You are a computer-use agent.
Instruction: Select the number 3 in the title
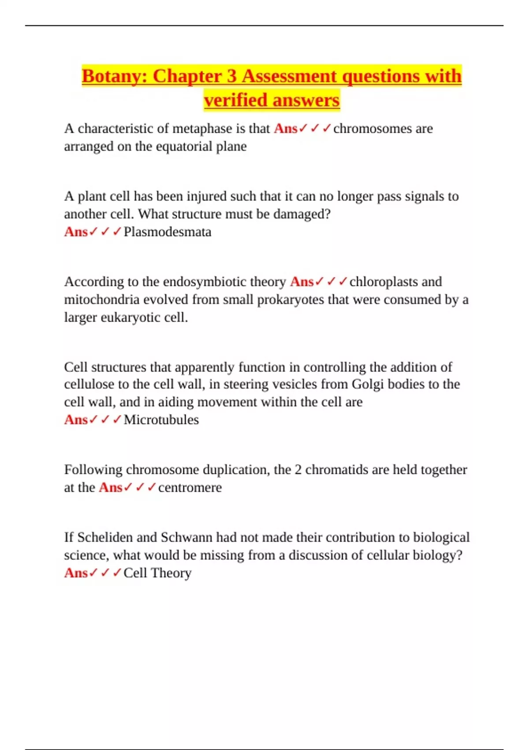coord(232,76)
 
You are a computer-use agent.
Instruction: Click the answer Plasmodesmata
coord(168,232)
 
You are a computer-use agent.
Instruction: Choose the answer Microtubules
coord(161,420)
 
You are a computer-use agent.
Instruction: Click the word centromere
coord(190,487)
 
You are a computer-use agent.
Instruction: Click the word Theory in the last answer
coord(171,573)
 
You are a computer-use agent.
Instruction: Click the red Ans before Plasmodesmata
coord(76,232)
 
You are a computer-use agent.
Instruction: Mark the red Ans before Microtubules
coord(76,420)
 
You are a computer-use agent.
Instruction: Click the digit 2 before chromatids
coord(298,470)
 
